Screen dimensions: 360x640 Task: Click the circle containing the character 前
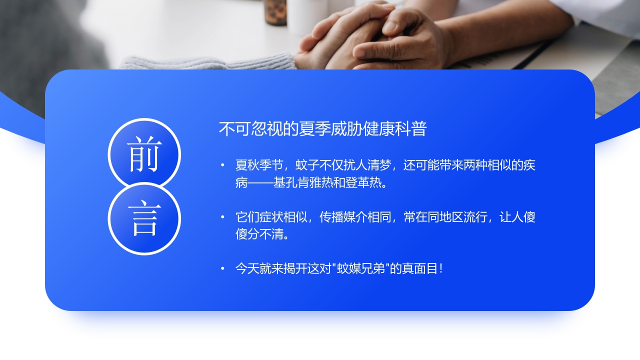pyautogui.click(x=144, y=154)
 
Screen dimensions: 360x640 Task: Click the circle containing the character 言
pyautogui.click(x=144, y=218)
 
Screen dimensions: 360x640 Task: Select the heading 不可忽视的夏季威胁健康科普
pyautogui.click(x=322, y=129)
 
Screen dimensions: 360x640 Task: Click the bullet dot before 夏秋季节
pyautogui.click(x=222, y=165)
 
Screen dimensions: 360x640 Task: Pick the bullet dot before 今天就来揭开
pyautogui.click(x=222, y=269)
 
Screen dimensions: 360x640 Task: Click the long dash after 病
pyautogui.click(x=260, y=182)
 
